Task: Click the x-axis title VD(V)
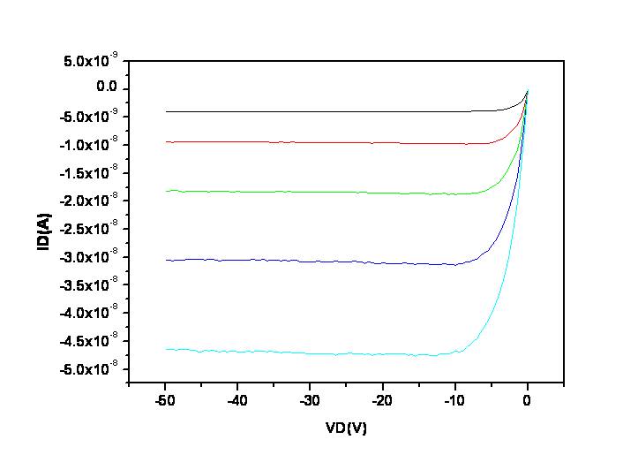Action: tap(345, 428)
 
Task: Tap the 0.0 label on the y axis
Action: tap(107, 88)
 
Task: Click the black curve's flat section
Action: tap(309, 111)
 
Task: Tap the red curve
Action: tap(309, 142)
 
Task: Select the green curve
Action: tap(309, 192)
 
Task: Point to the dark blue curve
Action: tap(309, 262)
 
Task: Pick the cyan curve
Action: tap(309, 353)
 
